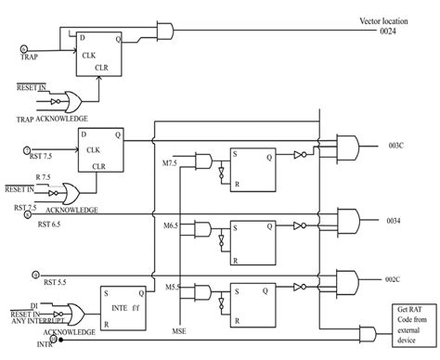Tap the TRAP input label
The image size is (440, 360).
coord(32,57)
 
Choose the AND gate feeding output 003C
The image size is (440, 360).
coord(352,146)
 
